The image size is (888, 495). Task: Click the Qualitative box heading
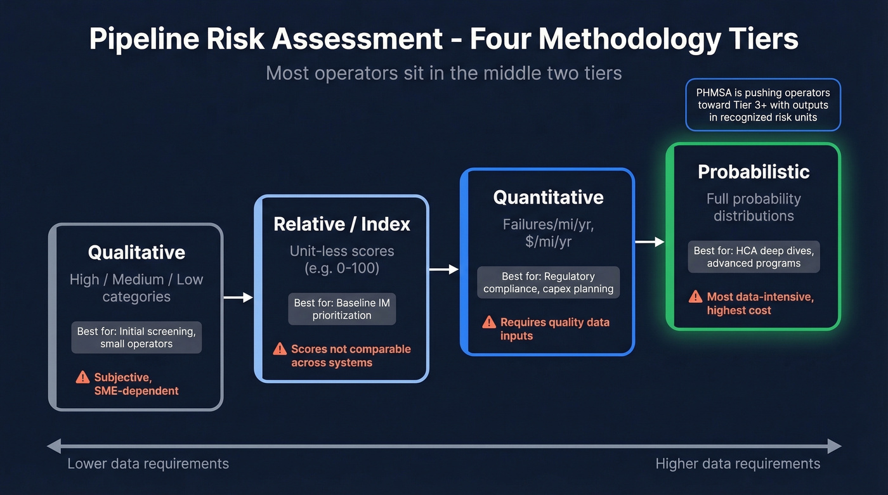pyautogui.click(x=136, y=252)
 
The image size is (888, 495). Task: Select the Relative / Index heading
pyautogui.click(x=342, y=224)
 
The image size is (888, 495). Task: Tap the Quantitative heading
pyautogui.click(x=548, y=197)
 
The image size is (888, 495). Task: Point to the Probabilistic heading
pyautogui.click(x=754, y=172)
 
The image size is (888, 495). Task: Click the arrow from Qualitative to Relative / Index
pyautogui.click(x=238, y=297)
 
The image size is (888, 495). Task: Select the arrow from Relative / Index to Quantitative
pyautogui.click(x=444, y=269)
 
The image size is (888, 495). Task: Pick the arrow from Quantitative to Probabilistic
pyautogui.click(x=650, y=242)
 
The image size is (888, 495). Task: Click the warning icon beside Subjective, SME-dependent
pyautogui.click(x=82, y=378)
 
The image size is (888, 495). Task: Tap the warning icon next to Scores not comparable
pyautogui.click(x=280, y=349)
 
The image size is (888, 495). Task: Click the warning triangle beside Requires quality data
pyautogui.click(x=489, y=322)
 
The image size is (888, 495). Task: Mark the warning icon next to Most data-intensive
pyautogui.click(x=696, y=297)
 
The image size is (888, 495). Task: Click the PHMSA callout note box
pyautogui.click(x=763, y=105)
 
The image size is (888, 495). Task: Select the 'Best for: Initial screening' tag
pyautogui.click(x=136, y=337)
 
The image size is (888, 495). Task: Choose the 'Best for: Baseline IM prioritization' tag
pyautogui.click(x=342, y=309)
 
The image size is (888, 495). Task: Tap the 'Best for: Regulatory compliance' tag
pyautogui.click(x=548, y=283)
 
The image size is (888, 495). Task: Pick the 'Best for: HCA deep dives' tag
pyautogui.click(x=754, y=257)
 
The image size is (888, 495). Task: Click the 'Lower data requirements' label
pyautogui.click(x=148, y=464)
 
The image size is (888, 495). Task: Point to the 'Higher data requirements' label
pyautogui.click(x=738, y=464)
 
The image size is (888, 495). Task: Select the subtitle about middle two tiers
pyautogui.click(x=443, y=73)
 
